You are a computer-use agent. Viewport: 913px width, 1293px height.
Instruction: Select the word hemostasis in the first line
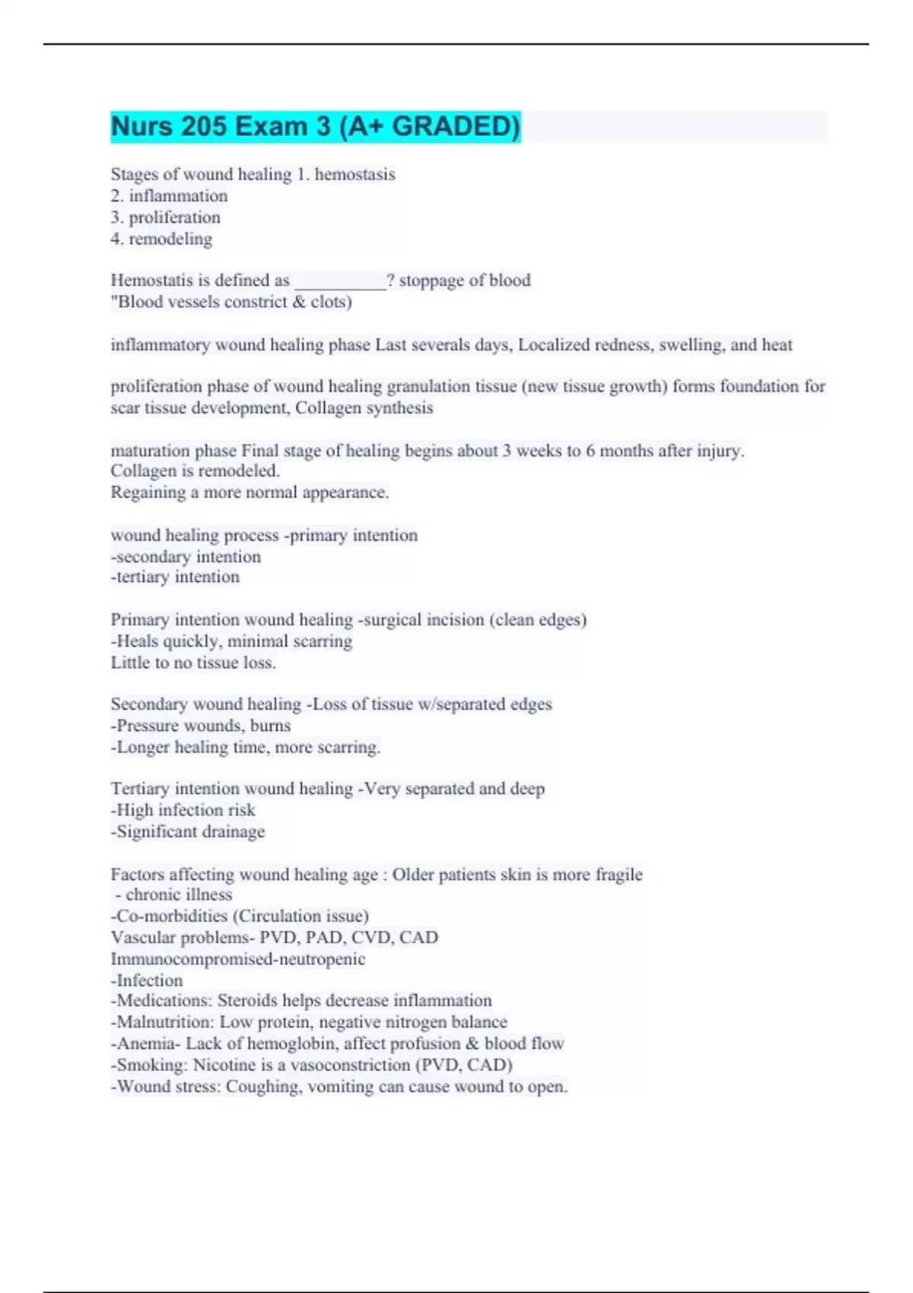pyautogui.click(x=355, y=175)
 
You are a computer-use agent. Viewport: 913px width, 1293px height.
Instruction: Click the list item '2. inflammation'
pyautogui.click(x=169, y=196)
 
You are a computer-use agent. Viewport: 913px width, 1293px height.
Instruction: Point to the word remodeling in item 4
pyautogui.click(x=170, y=239)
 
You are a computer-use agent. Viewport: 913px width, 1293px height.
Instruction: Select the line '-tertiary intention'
pyautogui.click(x=175, y=577)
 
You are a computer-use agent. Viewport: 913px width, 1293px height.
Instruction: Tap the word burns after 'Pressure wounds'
pyautogui.click(x=270, y=726)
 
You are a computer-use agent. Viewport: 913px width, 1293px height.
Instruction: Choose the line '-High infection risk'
pyautogui.click(x=183, y=810)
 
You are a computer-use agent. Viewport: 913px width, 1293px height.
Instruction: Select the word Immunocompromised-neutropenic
pyautogui.click(x=237, y=959)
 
